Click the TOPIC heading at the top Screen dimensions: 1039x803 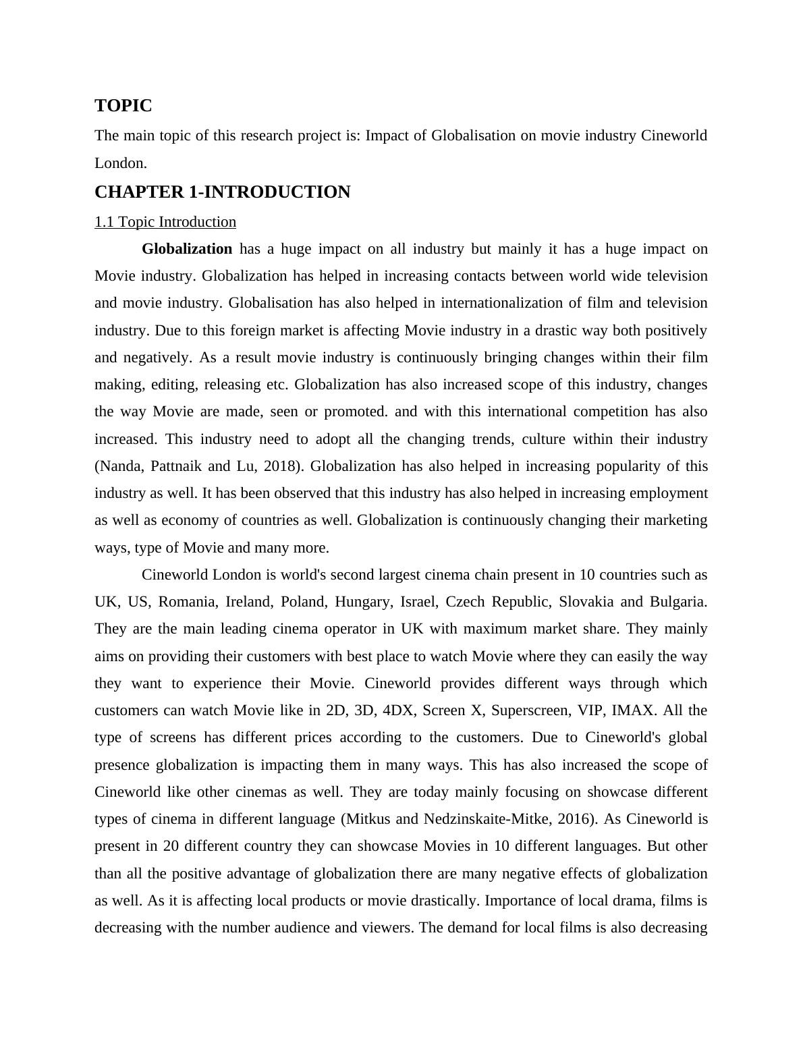[123, 106]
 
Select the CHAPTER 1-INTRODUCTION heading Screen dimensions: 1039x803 [222, 192]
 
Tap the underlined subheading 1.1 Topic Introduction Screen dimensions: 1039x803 [165, 222]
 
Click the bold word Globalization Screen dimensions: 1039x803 [187, 249]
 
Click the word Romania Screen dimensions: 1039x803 [187, 602]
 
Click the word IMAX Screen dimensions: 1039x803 [632, 710]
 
